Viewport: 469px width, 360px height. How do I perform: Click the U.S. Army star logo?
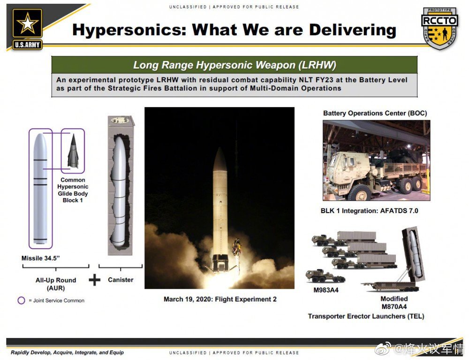point(27,29)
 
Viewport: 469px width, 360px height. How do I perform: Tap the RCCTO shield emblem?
point(440,28)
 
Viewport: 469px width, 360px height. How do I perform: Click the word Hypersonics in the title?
point(129,30)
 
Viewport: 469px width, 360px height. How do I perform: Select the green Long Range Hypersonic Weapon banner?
point(234,65)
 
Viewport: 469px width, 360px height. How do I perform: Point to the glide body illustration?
point(73,151)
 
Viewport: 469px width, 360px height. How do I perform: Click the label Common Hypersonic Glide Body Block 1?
point(73,190)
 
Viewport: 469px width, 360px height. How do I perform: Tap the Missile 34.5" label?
point(41,258)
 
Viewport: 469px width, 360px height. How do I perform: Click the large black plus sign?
point(95,280)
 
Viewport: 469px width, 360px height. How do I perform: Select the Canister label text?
point(121,280)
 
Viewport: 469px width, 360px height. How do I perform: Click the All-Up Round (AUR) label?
point(56,284)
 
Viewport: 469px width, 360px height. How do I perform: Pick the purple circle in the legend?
point(21,300)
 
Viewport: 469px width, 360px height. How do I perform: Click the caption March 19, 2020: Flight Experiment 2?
point(220,299)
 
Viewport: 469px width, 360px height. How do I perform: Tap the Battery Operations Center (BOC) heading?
point(375,113)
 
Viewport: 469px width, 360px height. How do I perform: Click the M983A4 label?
point(326,290)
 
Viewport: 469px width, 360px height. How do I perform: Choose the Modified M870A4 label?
point(394,303)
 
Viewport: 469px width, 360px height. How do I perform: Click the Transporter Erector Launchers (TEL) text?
point(366,316)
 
